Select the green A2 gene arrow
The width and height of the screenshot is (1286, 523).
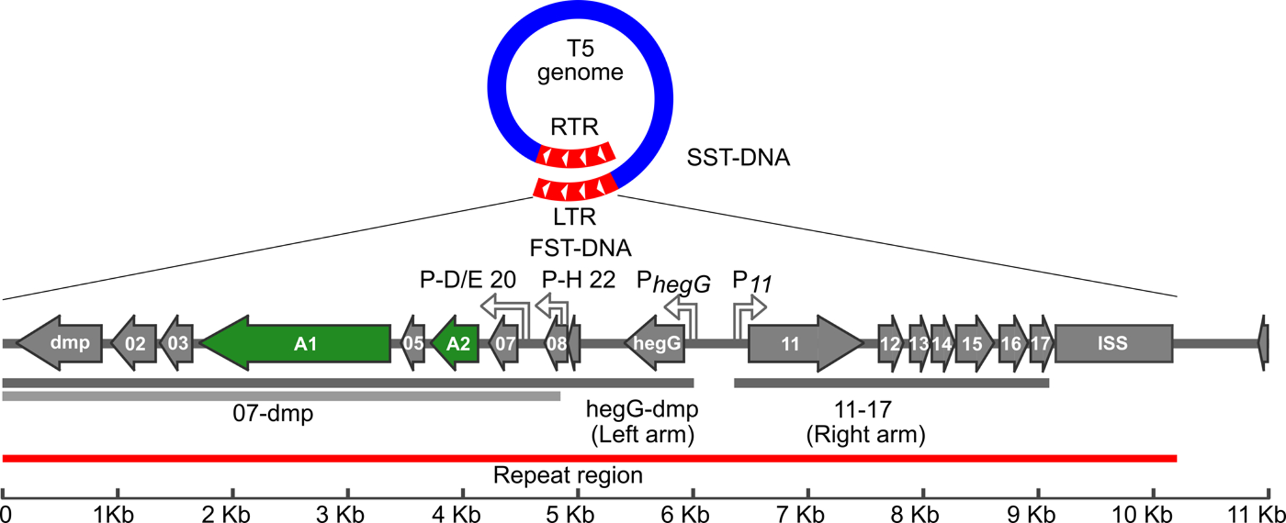[x=456, y=344]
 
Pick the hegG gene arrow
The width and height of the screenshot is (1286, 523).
[x=655, y=344]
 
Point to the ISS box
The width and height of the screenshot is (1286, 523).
[x=1113, y=344]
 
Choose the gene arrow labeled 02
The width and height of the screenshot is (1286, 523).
[x=134, y=344]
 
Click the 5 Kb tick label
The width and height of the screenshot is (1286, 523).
[x=570, y=514]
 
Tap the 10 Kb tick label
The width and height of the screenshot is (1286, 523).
[x=1142, y=514]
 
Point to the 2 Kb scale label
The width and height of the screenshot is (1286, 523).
[x=226, y=514]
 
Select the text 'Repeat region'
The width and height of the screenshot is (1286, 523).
[x=568, y=475]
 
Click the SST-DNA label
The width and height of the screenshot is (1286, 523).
[x=738, y=157]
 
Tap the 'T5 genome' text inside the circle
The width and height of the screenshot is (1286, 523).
[x=580, y=60]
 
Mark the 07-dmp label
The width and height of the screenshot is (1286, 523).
[x=273, y=412]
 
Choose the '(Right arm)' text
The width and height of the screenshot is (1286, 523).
[x=865, y=435]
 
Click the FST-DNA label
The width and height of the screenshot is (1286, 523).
[x=580, y=248]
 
